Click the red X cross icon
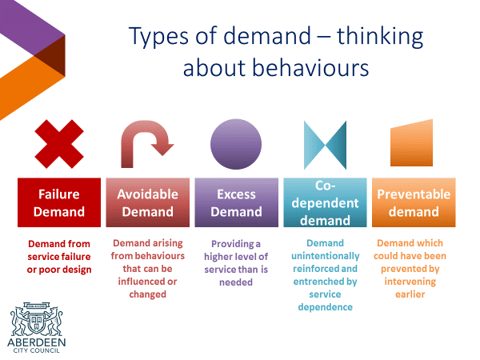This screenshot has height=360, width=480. pyautogui.click(x=59, y=144)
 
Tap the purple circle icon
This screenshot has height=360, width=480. pyautogui.click(x=236, y=144)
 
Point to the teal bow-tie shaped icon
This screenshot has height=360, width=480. pyautogui.click(x=325, y=145)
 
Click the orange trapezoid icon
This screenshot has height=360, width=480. pyautogui.click(x=411, y=144)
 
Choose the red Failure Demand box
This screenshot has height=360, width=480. pyautogui.click(x=59, y=202)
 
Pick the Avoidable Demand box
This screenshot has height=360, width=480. pyautogui.click(x=147, y=202)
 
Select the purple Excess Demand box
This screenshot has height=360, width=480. pyautogui.click(x=236, y=202)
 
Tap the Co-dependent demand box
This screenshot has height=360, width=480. pyautogui.click(x=325, y=202)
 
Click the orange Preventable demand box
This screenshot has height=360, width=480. pyautogui.click(x=414, y=202)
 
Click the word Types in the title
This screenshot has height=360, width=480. pyautogui.click(x=158, y=38)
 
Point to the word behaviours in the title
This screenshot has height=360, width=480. pyautogui.click(x=310, y=68)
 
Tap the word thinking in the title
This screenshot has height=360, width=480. pyautogui.click(x=380, y=37)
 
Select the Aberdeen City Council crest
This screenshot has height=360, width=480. pyautogui.click(x=37, y=319)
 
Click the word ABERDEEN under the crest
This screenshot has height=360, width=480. pyautogui.click(x=37, y=342)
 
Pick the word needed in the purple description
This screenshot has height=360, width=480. pyautogui.click(x=236, y=282)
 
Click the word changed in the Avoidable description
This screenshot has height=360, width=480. pyautogui.click(x=147, y=294)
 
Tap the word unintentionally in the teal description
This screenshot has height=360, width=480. pyautogui.click(x=325, y=256)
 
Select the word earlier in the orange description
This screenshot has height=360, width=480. pyautogui.click(x=410, y=294)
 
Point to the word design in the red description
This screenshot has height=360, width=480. pyautogui.click(x=75, y=270)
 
